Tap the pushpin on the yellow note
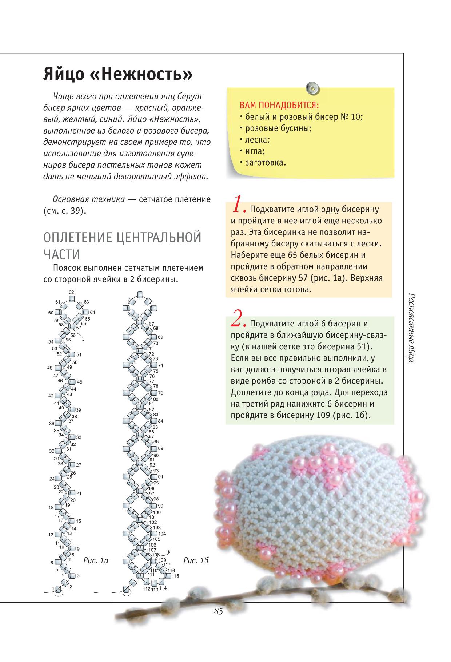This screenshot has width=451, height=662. point(312,88)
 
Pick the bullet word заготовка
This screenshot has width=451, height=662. point(265,163)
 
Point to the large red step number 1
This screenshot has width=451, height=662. point(238,206)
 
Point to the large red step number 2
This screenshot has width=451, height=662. point(238,320)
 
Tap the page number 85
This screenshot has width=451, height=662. point(218,611)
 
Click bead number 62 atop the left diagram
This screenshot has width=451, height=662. point(71,292)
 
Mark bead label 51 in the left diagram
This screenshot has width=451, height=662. point(79,354)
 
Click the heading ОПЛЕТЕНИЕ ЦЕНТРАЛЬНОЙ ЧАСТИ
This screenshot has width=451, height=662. point(122,245)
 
